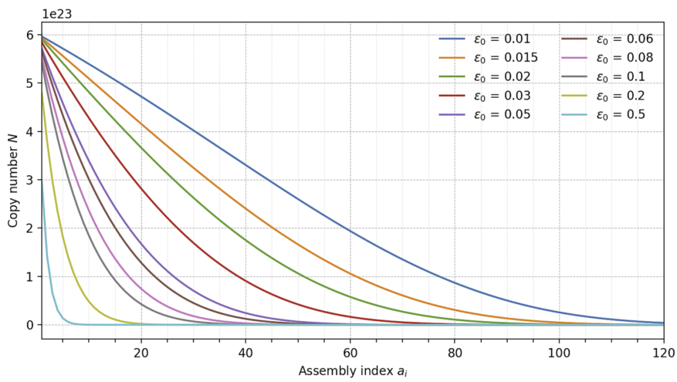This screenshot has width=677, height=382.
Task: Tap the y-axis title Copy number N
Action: click(x=13, y=181)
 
